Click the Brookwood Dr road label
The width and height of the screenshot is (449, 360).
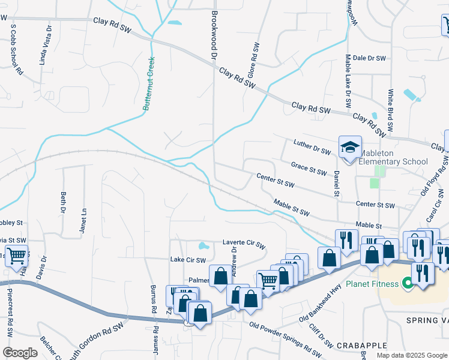click(x=213, y=34)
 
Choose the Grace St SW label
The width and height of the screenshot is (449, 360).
click(x=309, y=168)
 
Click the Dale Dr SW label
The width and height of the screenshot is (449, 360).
click(x=369, y=58)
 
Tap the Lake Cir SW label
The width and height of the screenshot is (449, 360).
click(x=188, y=260)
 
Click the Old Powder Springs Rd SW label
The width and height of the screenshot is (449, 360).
click(x=285, y=340)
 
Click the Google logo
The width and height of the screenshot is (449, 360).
click(x=20, y=353)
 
